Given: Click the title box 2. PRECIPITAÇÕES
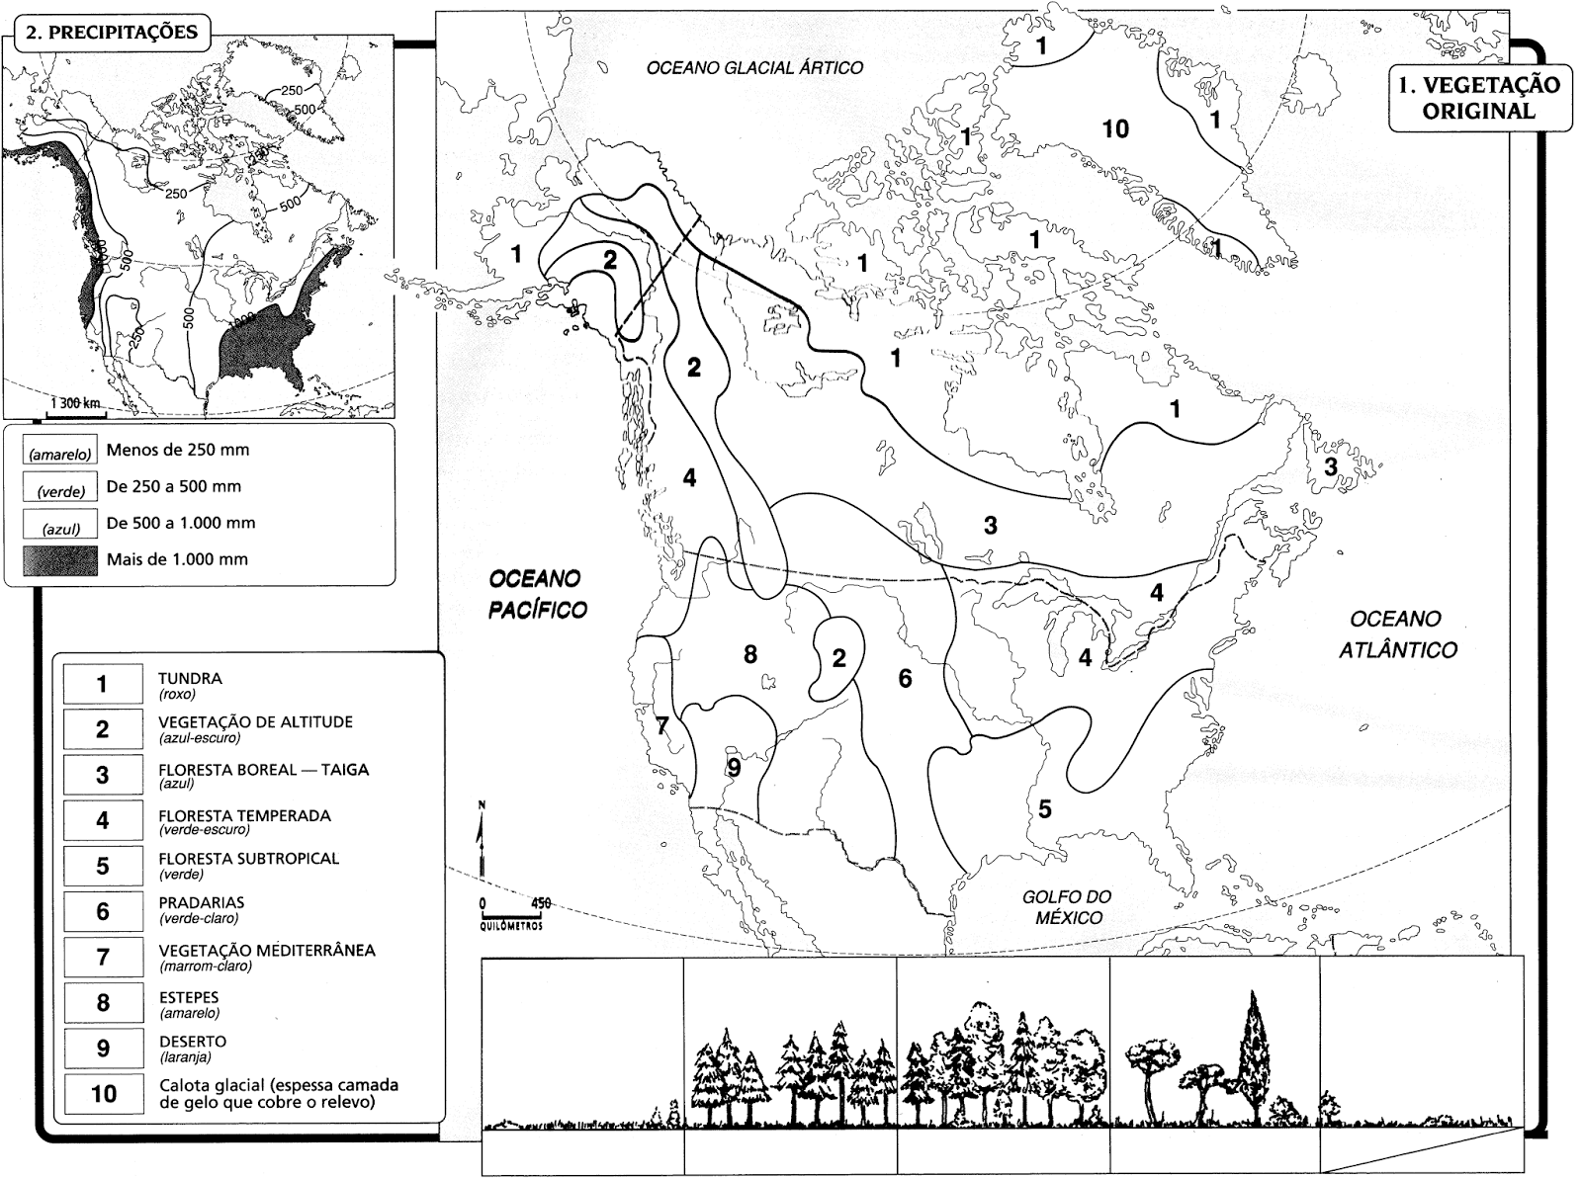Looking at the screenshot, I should [x=112, y=32].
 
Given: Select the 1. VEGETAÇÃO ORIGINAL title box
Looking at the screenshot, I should [x=1479, y=98].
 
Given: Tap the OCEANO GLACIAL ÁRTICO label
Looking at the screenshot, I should [x=754, y=68].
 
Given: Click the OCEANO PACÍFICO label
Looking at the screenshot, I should [x=537, y=593].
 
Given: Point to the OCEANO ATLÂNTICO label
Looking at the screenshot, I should [x=1397, y=633].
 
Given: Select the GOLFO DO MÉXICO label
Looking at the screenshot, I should [x=1067, y=906].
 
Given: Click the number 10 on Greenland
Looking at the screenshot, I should [x=1114, y=129].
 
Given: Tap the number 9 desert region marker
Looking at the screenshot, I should [x=733, y=767].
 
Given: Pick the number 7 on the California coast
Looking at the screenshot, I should [x=661, y=726].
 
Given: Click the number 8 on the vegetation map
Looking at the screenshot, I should [x=750, y=654].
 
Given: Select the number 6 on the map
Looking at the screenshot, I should [x=905, y=679].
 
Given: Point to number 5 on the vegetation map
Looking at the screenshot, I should [x=1044, y=809].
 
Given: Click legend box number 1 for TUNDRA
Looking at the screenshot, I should [x=102, y=684].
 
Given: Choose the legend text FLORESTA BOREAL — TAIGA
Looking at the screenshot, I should [x=263, y=770].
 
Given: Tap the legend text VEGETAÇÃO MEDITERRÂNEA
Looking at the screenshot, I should [x=267, y=951].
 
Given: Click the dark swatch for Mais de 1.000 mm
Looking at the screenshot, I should [x=60, y=560].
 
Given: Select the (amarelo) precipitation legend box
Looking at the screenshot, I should [x=60, y=451].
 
